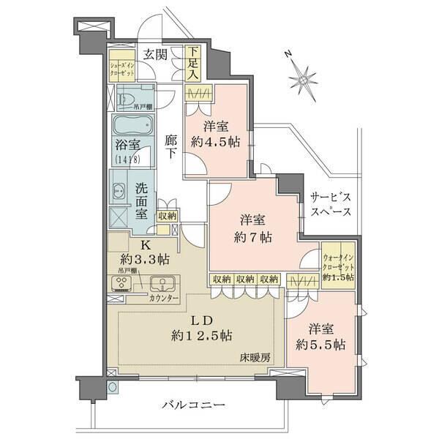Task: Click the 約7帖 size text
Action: [253, 238]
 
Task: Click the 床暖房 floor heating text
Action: [252, 358]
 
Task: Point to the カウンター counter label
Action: [163, 299]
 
